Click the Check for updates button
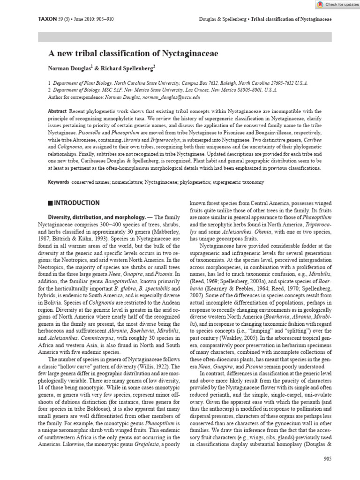[x=334, y=4]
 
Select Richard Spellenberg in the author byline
[x=134, y=67]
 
